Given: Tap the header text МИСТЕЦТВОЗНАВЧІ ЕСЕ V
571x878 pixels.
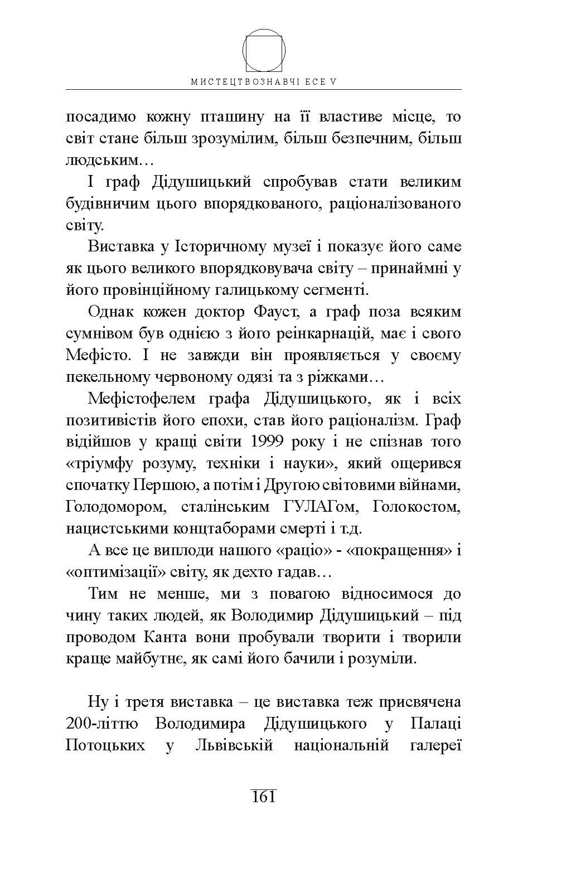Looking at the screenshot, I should tap(264, 81).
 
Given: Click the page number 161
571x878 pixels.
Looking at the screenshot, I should tap(264, 797).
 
